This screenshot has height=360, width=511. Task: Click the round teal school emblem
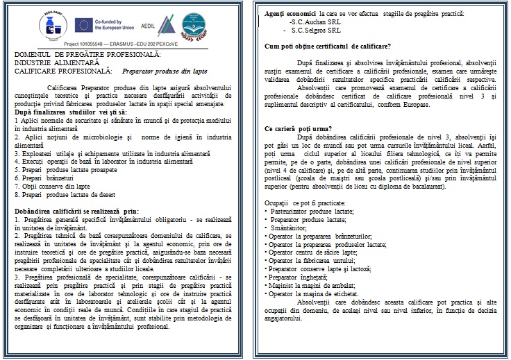click(202, 26)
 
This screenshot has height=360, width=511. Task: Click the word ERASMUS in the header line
click(124, 42)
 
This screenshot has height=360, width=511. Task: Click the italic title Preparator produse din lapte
click(167, 71)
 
